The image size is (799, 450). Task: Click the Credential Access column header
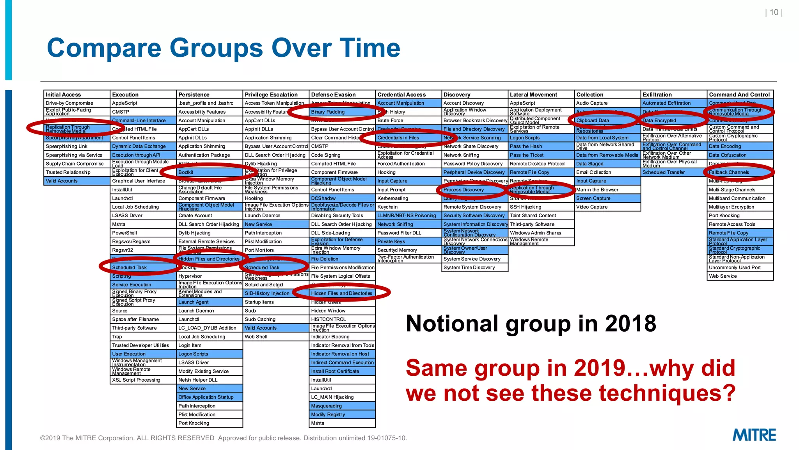[x=401, y=95]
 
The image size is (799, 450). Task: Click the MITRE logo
[x=754, y=435]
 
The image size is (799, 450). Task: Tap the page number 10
[x=774, y=12]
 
